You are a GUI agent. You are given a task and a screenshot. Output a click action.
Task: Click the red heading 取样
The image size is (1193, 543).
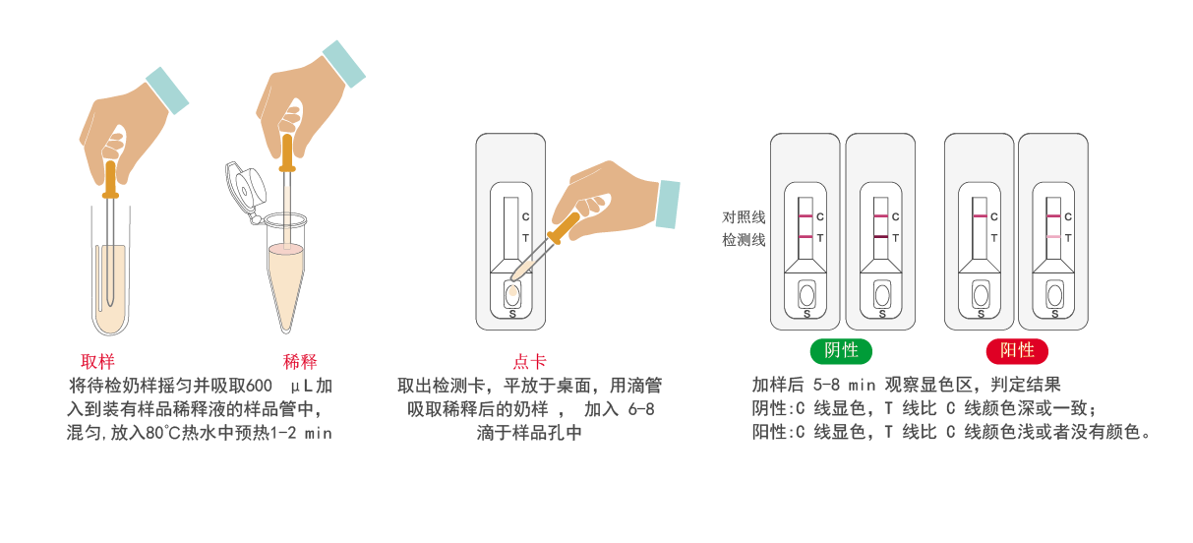(x=97, y=362)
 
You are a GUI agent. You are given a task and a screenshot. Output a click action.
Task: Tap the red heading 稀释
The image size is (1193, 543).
(x=300, y=362)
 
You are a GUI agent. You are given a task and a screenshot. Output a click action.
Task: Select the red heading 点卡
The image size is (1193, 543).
(x=529, y=362)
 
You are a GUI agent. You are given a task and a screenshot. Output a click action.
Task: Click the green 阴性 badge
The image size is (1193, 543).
(x=841, y=351)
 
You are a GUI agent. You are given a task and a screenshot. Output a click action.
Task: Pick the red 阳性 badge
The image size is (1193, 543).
(x=1017, y=351)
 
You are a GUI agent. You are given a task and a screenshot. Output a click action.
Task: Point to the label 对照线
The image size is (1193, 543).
(x=744, y=216)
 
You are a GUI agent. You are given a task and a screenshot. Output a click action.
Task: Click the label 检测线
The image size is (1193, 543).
(x=744, y=240)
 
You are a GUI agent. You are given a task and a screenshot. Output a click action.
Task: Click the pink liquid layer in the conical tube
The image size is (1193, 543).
(x=286, y=249)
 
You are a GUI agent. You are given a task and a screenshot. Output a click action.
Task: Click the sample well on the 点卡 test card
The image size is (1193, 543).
(x=512, y=294)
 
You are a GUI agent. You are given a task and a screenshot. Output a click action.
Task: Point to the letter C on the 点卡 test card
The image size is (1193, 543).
(x=525, y=216)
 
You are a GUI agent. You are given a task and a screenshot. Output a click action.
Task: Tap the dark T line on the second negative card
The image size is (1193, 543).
(x=881, y=237)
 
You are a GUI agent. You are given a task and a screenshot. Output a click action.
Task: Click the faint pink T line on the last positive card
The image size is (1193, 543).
(x=1053, y=237)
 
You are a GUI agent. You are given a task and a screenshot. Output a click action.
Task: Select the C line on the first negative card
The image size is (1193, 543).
(x=805, y=215)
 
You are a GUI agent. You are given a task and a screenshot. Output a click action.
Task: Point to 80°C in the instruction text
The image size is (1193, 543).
(x=163, y=432)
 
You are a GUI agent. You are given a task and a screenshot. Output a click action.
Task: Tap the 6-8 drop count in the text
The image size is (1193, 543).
(x=640, y=409)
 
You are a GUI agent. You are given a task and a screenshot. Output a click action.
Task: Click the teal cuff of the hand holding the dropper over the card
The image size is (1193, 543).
(x=668, y=205)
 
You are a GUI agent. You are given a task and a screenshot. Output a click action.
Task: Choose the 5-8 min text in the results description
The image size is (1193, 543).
(x=844, y=385)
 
